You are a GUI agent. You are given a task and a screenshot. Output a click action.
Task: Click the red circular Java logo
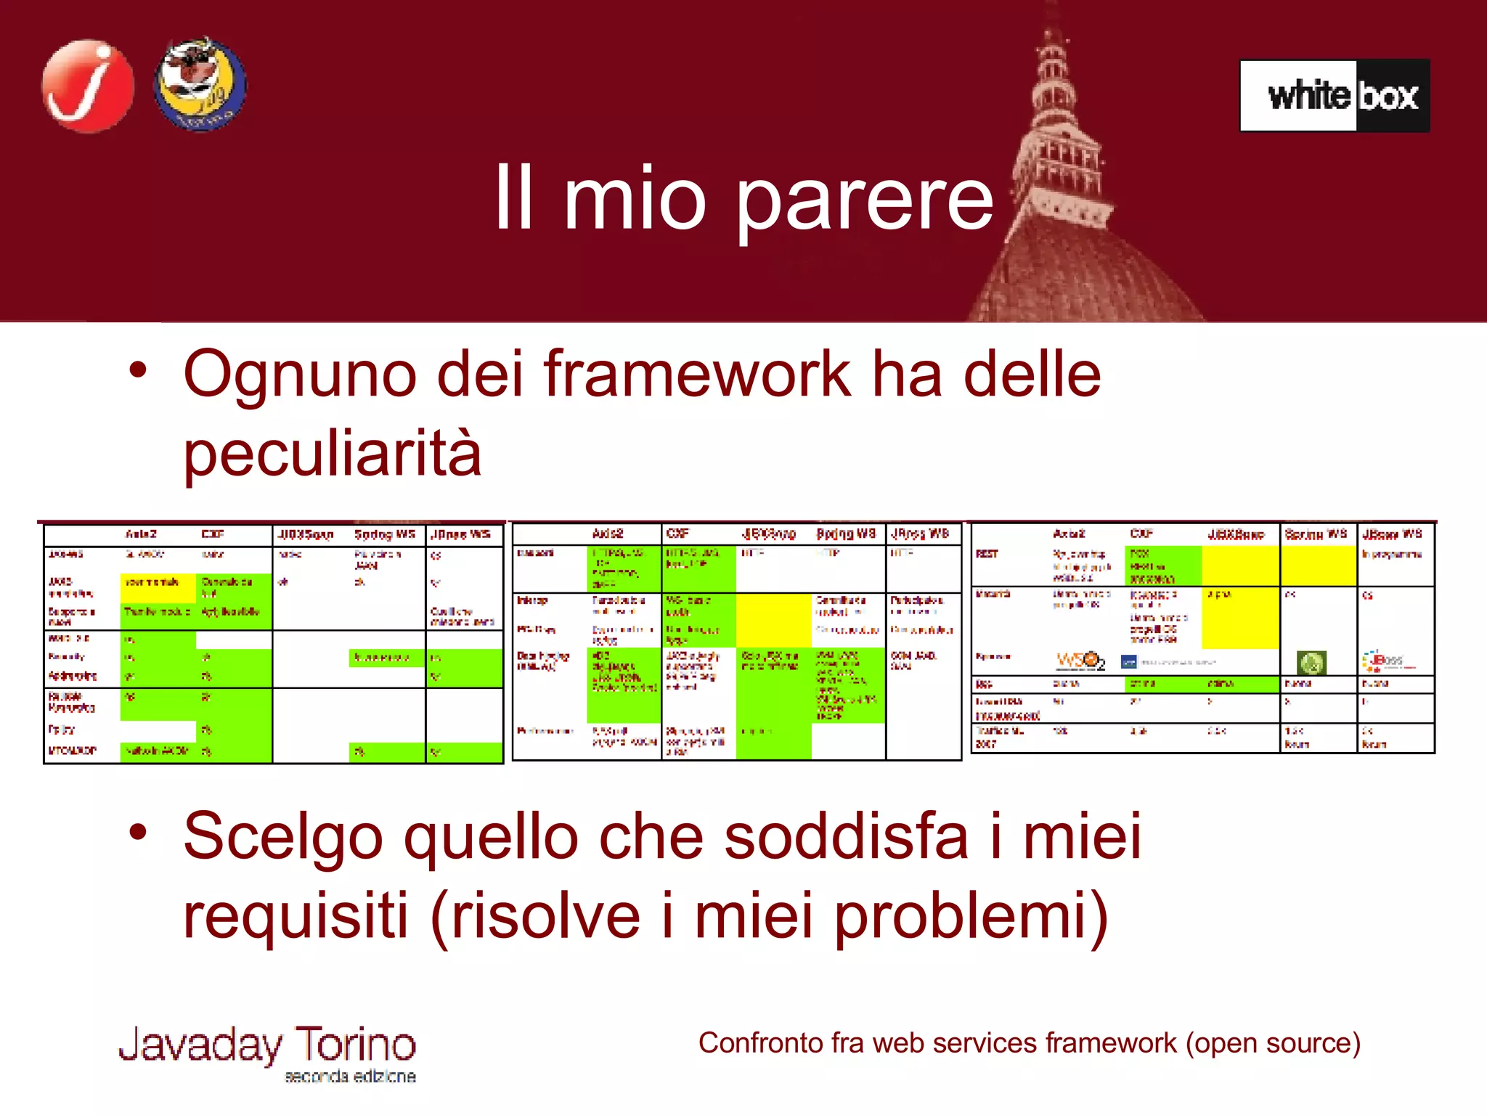88,86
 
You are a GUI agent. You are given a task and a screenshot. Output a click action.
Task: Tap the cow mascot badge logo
200,84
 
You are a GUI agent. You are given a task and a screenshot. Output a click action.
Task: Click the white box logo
1335,96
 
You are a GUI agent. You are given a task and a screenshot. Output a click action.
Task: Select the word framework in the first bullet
696,375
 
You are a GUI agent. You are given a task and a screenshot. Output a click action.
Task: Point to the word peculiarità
333,453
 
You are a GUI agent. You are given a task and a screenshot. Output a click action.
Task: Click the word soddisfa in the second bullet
846,836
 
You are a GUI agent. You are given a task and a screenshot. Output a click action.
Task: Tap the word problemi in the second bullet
971,915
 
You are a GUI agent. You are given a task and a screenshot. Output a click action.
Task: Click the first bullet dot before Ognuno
138,370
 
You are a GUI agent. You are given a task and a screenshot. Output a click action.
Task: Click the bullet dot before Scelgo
138,832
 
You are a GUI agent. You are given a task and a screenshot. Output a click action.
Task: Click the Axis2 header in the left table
141,534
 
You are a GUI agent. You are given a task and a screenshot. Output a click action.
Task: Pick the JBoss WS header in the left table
460,535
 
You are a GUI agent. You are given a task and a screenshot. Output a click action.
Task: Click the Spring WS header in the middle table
846,534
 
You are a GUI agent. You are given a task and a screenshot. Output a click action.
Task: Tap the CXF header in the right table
1141,534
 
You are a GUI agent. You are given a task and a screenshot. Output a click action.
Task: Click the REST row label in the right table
987,554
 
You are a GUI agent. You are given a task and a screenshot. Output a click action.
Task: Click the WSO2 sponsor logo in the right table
1080,661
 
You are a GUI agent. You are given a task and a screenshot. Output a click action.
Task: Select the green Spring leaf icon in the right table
1311,662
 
